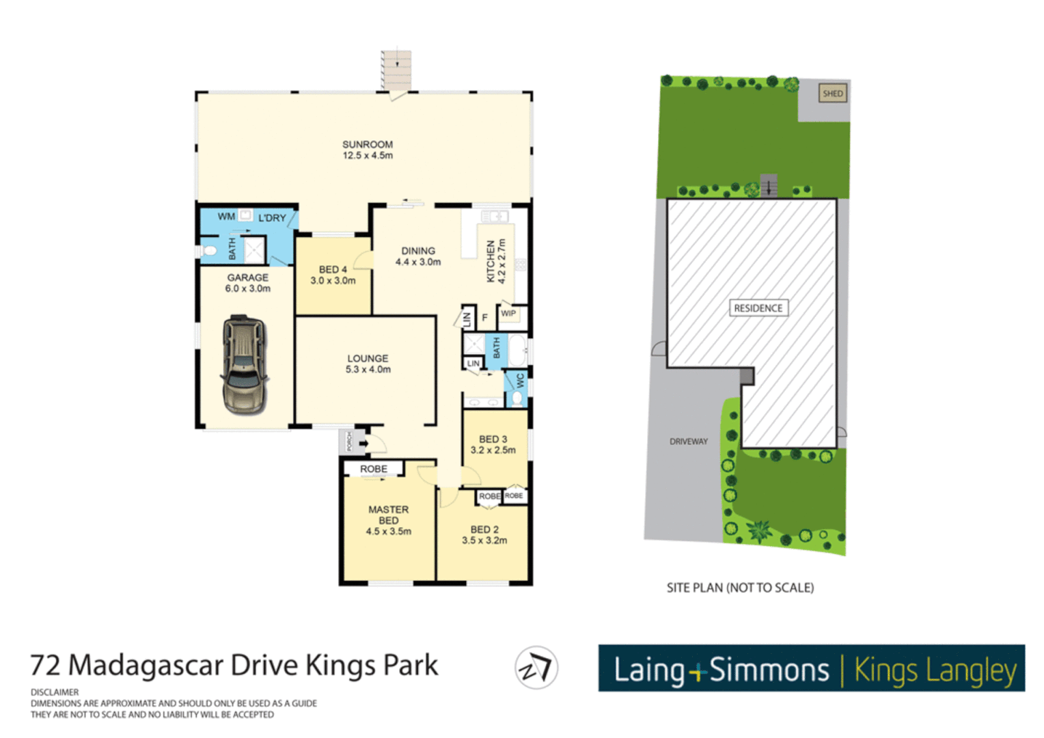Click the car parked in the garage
coord(244,364)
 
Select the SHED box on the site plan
coord(832,94)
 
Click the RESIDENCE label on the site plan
coord(758,308)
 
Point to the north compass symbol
coord(536,668)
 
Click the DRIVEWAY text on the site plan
coord(688,441)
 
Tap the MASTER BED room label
coord(388,515)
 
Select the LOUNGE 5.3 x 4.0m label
coord(368,364)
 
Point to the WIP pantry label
coord(508,314)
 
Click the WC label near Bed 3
coord(520,381)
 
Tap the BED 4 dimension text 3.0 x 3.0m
coord(333,281)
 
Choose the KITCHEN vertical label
coord(491,261)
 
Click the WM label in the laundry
coord(226,217)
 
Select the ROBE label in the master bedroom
coord(373,469)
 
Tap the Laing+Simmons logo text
coord(721,670)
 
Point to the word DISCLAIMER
coord(55,692)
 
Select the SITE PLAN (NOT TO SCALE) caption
coord(740,588)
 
